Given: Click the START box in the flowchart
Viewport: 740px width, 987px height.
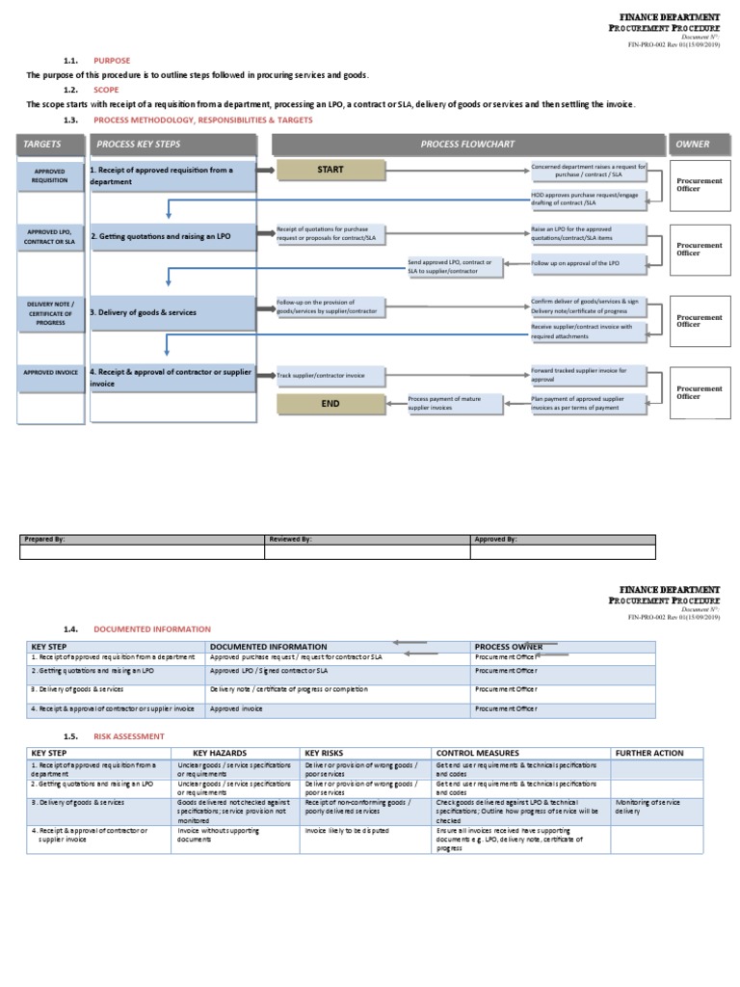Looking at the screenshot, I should coord(330,171).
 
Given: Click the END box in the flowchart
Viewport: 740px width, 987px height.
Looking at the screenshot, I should coord(330,404).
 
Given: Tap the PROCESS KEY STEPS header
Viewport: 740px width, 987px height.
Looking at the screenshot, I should coord(173,145).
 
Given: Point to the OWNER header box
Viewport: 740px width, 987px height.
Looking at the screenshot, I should coord(693,145).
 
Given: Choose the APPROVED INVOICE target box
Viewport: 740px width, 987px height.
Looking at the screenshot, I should coord(50,370).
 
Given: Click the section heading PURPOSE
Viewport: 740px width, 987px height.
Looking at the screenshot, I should coord(112,60).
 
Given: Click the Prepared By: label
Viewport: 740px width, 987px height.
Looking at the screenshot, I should coord(44,540).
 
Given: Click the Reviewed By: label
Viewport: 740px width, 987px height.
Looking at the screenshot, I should coord(291,540).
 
